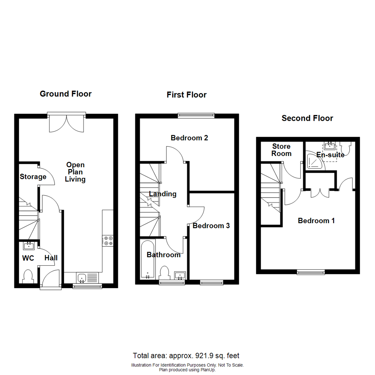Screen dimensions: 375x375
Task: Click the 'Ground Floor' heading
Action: [66, 94]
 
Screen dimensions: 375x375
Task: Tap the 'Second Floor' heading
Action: [307, 118]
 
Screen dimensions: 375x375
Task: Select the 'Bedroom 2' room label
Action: [189, 138]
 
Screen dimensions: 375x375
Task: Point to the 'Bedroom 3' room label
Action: [211, 226]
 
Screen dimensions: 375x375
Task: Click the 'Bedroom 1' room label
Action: [316, 220]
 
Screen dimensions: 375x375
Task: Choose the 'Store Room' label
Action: [281, 150]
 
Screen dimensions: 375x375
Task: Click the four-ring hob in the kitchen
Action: [108, 241]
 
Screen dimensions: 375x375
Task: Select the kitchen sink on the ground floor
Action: [82, 277]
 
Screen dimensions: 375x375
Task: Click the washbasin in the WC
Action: [28, 246]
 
